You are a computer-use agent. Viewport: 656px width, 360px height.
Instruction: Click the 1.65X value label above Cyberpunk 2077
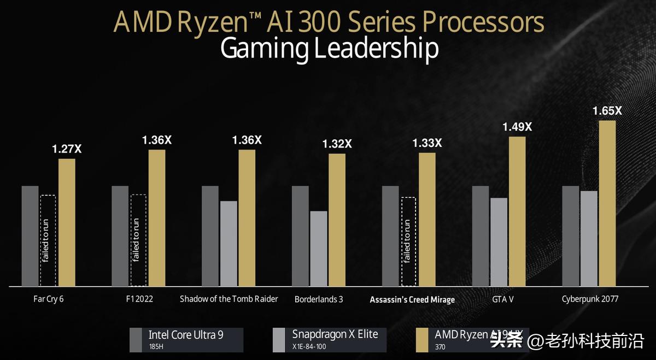(x=607, y=110)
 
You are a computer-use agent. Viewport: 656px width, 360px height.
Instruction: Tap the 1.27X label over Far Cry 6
(x=67, y=149)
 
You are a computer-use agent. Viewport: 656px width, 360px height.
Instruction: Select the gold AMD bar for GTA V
(x=517, y=211)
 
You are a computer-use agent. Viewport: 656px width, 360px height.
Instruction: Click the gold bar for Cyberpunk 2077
(x=607, y=203)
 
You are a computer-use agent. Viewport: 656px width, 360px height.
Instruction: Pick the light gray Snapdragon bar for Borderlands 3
(x=318, y=249)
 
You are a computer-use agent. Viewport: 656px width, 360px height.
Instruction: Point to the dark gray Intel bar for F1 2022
(x=120, y=236)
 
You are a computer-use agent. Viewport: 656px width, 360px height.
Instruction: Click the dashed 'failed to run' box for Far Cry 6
(x=48, y=240)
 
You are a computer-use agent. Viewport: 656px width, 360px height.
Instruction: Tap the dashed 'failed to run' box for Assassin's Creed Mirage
(x=409, y=241)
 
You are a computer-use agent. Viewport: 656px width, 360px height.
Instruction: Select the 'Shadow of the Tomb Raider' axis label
(x=229, y=299)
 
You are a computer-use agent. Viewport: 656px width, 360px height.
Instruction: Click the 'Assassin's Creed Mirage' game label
(x=412, y=299)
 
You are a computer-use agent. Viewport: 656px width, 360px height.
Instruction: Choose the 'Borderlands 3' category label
(x=319, y=299)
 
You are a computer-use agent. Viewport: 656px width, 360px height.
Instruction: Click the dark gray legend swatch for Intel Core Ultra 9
(x=137, y=339)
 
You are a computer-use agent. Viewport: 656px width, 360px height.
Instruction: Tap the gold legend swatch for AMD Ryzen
(x=423, y=339)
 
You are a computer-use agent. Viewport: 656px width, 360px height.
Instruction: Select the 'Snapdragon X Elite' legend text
(x=335, y=334)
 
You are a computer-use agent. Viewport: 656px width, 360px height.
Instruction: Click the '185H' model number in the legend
(x=156, y=346)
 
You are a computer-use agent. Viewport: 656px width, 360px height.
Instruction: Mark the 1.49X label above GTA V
(x=517, y=127)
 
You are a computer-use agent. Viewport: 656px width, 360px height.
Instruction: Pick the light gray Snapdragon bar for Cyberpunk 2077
(x=589, y=238)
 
